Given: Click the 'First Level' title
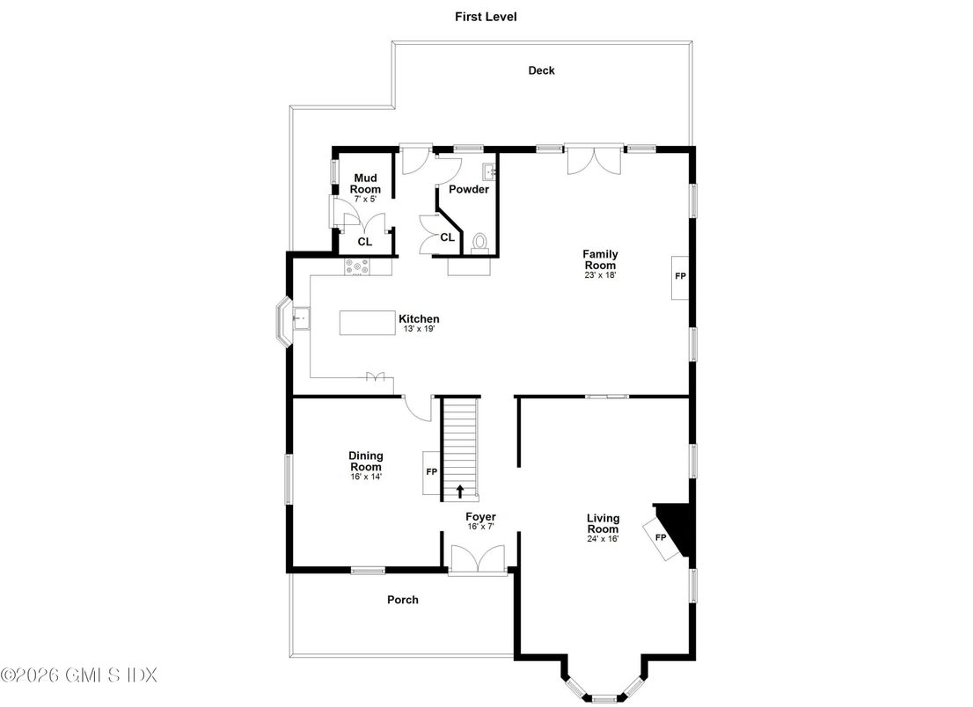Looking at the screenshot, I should coord(485,16).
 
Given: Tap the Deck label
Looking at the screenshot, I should coord(541,70).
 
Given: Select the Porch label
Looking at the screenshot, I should coord(403,600).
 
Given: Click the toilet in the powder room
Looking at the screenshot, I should coord(480,242).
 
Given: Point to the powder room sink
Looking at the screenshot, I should coord(489,171).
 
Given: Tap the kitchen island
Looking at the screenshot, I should coord(369,322).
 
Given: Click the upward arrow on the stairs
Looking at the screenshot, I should coord(458,491).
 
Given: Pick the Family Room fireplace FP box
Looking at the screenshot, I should coord(680,276).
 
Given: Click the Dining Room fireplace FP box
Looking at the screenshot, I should coord(431,472).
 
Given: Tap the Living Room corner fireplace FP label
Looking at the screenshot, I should coord(661,536).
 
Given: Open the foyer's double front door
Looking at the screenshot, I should coord(477,559).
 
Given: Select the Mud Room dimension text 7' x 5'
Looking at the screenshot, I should coord(364,200).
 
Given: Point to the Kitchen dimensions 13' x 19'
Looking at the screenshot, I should coord(419,329).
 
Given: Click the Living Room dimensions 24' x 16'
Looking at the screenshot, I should coord(603,539).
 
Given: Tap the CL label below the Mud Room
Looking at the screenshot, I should coord(364,241).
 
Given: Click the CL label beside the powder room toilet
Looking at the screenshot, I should coord(447,237).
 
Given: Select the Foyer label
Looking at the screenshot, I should coord(480,517).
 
